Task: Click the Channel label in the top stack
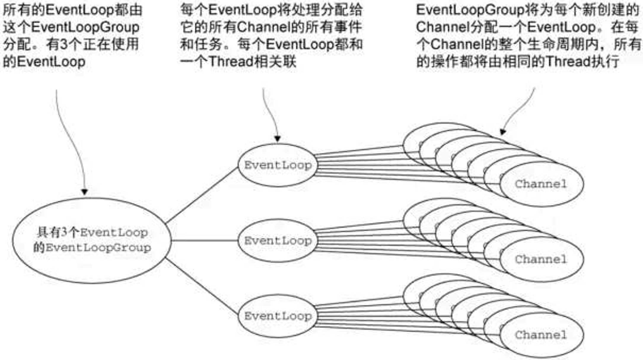[x=541, y=184]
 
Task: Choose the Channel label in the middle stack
[x=541, y=259]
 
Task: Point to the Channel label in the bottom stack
[x=541, y=335]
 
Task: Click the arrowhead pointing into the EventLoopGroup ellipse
[x=85, y=192]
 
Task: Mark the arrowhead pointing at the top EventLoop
[x=277, y=139]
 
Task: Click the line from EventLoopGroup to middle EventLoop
[x=205, y=240]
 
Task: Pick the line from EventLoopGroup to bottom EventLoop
[x=202, y=286]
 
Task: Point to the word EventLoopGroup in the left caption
[x=85, y=28]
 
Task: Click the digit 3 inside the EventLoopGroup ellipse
[x=64, y=232]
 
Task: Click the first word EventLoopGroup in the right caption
[x=470, y=10]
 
